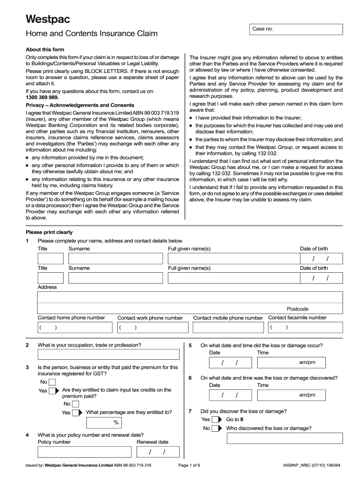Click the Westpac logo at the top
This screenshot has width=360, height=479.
click(x=47, y=19)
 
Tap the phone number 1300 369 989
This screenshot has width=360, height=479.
click(x=43, y=97)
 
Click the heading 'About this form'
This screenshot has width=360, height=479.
click(x=45, y=50)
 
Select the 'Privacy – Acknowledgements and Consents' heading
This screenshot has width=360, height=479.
click(x=80, y=105)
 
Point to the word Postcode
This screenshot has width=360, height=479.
click(x=297, y=309)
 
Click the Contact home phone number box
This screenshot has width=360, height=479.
click(x=74, y=327)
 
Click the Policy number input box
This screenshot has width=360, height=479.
click(x=85, y=452)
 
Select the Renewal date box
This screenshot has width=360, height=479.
click(x=158, y=452)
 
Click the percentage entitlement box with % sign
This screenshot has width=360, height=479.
click(x=104, y=423)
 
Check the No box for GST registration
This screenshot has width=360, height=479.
click(x=52, y=382)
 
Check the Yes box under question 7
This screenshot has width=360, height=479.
click(x=216, y=420)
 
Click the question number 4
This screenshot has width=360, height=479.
click(x=28, y=435)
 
